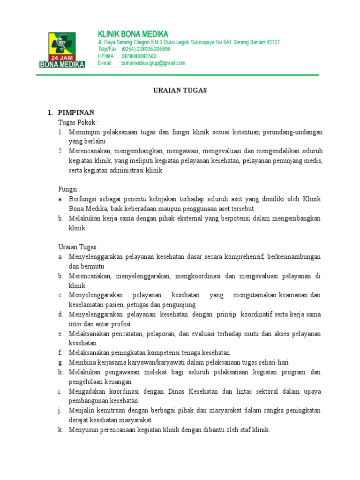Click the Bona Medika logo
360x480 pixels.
[x=62, y=49]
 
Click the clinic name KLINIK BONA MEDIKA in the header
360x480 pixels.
[x=133, y=34]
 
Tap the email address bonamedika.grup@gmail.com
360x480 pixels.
[x=153, y=63]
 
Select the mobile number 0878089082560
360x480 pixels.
[x=139, y=56]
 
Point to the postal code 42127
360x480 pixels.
[x=273, y=42]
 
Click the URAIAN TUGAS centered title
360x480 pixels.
[x=180, y=90]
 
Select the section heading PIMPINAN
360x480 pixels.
[x=76, y=112]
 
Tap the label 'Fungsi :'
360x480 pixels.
[x=69, y=189]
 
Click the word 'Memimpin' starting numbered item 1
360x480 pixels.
[x=84, y=132]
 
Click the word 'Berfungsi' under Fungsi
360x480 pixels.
[x=82, y=199]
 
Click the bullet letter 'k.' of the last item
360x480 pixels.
[x=61, y=429]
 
